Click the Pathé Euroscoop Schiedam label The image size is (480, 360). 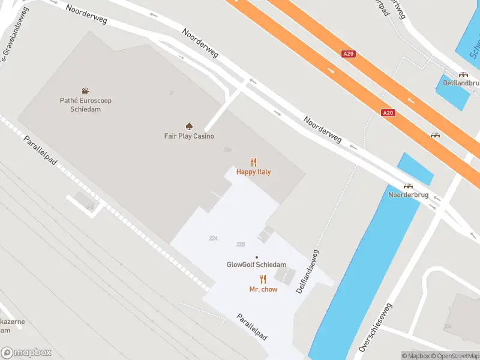[85, 105]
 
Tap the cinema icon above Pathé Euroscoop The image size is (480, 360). [86, 91]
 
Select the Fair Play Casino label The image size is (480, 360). [189, 136]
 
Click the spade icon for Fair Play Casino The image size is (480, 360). [189, 126]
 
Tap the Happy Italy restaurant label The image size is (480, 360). [253, 172]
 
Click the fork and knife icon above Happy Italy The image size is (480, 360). [254, 161]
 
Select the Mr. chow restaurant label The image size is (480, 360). [262, 289]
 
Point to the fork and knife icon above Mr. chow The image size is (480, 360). [263, 279]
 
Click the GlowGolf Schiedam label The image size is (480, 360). [256, 265]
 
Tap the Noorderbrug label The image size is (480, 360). [407, 196]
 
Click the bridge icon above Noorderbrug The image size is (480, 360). [408, 186]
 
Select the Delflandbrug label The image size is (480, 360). [463, 84]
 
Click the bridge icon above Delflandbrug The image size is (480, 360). [463, 75]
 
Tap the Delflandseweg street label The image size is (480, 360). [307, 272]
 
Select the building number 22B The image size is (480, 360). [241, 244]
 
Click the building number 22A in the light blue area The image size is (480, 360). [213, 238]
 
